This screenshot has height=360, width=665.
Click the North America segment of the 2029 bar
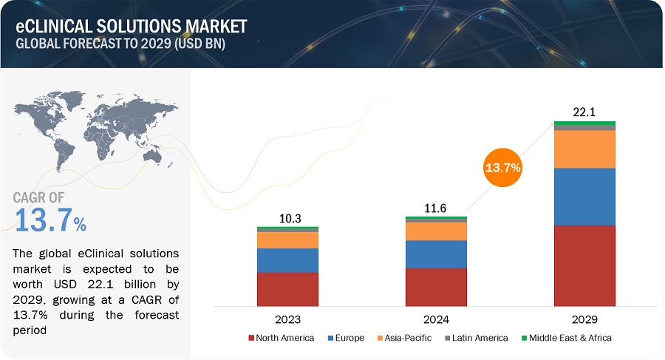point(584,265)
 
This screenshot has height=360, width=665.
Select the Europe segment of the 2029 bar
point(584,197)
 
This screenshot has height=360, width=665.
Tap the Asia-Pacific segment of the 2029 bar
point(584,149)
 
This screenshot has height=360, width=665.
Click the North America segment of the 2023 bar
point(287,289)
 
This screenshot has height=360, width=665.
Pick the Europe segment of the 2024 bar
point(436,254)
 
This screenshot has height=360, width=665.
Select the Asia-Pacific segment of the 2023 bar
point(287,240)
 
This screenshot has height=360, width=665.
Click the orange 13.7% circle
point(502,168)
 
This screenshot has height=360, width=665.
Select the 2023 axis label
point(287,320)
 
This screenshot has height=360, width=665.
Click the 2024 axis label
point(436,320)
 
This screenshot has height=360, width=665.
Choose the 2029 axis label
point(584,320)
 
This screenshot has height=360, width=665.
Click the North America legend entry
point(285,338)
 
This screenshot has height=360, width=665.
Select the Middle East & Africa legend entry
point(568,338)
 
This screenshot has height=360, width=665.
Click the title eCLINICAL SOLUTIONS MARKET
point(132,26)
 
